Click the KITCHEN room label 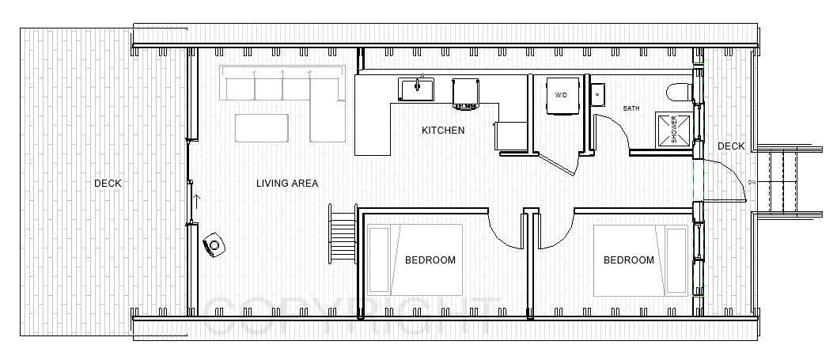(442, 131)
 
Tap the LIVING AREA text (287, 184)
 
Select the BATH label (631, 108)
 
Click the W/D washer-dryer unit (561, 95)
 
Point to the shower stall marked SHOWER (669, 128)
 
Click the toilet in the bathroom (680, 92)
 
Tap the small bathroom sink (597, 94)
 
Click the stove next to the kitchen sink (465, 93)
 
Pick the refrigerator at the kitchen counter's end (511, 137)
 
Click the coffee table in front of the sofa (262, 127)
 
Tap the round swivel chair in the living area (214, 245)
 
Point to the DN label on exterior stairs (752, 182)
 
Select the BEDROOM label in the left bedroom (430, 260)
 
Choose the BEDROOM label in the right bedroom (628, 260)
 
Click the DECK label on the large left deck (108, 184)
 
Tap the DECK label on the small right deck (730, 146)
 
